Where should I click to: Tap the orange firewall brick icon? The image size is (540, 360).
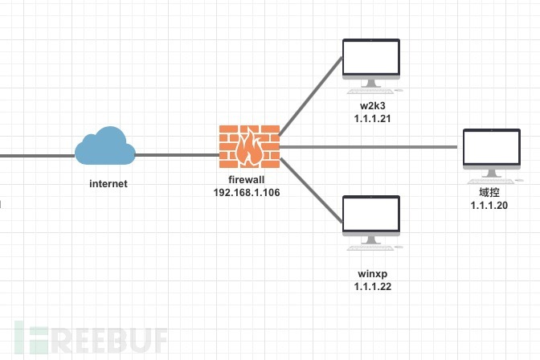250,146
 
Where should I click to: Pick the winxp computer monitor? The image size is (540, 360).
370,216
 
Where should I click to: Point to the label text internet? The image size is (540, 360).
108,184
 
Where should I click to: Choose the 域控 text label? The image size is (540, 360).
490,194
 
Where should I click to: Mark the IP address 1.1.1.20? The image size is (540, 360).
490,206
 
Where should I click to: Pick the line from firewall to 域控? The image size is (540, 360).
370,147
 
